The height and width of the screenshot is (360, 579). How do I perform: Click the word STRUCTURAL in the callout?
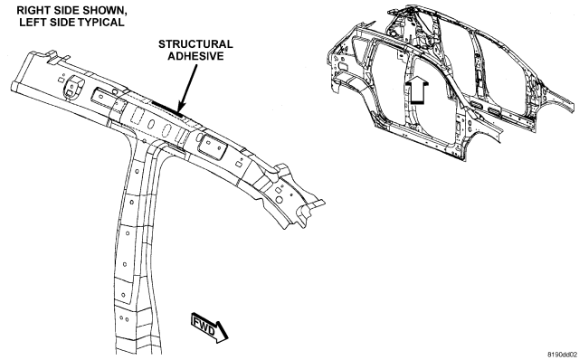point(195,44)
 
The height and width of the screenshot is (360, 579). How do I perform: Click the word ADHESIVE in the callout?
point(195,56)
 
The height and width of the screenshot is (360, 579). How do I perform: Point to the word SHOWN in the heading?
point(106,10)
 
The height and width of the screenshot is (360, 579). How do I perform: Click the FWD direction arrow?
point(210,327)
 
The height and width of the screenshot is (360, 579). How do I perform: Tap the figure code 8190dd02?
point(562,355)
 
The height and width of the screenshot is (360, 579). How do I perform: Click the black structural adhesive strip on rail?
point(166,109)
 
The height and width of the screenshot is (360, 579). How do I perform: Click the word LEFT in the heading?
point(30,22)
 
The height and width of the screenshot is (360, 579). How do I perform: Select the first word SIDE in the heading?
point(71,10)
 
